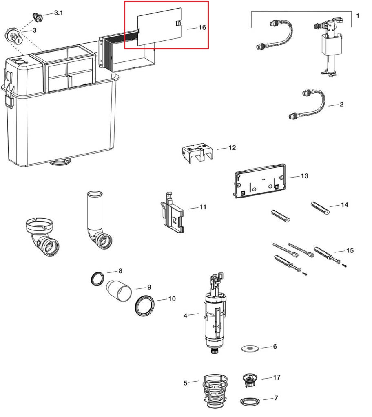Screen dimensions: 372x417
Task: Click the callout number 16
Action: coord(202,27)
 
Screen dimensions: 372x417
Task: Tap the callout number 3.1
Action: coord(59,13)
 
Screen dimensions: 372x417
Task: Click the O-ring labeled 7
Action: coord(250,402)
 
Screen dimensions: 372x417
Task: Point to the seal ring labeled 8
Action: coord(97,279)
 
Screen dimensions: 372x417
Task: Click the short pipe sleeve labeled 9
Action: coord(119,291)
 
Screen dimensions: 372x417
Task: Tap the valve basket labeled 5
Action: coord(215,392)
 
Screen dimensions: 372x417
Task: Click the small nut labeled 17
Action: coord(250,380)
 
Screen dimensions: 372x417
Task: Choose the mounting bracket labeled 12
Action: coord(198,153)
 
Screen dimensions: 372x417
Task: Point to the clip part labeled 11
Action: coord(173,213)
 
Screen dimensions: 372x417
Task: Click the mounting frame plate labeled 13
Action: coord(260,181)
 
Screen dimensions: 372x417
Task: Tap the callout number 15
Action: coord(350,250)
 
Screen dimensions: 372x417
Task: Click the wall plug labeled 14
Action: coord(320,208)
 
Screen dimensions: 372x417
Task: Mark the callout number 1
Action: coord(358,16)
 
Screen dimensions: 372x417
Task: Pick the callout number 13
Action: coord(304,176)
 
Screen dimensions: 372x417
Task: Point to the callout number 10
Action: coord(172,299)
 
